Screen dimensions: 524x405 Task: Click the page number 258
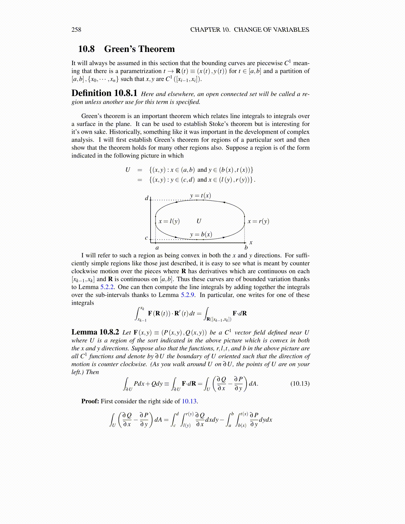click(76, 30)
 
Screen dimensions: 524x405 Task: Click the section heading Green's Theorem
click(139, 49)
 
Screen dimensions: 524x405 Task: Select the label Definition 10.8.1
click(104, 93)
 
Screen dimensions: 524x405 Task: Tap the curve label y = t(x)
click(201, 196)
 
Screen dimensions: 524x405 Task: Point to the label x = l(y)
click(169, 221)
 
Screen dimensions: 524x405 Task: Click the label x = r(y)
click(258, 221)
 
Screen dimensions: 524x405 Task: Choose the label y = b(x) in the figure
click(201, 235)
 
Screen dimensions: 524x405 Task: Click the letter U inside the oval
click(199, 221)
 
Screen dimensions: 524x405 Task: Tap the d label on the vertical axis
click(147, 198)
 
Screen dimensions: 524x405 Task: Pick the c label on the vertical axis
click(147, 238)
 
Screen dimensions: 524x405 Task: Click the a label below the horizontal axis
click(157, 248)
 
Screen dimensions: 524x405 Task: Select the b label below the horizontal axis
click(246, 248)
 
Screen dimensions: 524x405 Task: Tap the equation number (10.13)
click(300, 384)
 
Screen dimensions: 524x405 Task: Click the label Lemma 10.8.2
click(95, 332)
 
